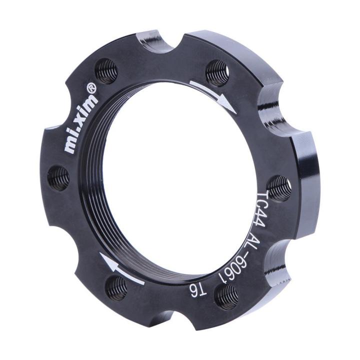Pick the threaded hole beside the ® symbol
[x=106, y=71]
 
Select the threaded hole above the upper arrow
[x=217, y=72]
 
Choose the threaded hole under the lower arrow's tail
[x=117, y=288]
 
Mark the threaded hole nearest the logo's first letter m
[x=58, y=177]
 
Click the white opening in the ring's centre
[x=180, y=180]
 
